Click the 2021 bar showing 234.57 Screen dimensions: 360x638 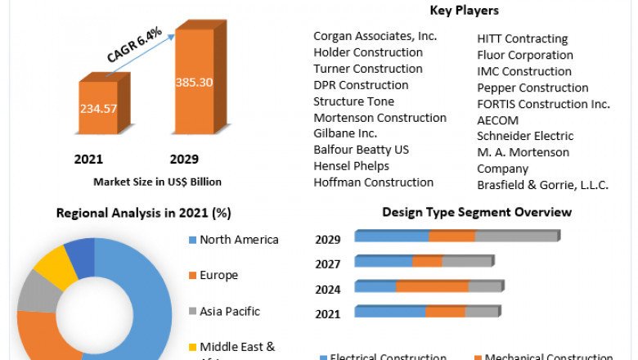(97, 107)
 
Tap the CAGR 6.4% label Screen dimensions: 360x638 (134, 45)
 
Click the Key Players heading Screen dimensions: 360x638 (465, 11)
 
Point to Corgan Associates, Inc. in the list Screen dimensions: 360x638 (375, 36)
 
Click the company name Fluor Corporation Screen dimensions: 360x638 (525, 55)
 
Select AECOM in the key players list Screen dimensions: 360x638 (497, 119)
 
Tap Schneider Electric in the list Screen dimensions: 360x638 (525, 136)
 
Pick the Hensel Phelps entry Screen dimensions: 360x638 (352, 166)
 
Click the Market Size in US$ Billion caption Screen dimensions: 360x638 (157, 182)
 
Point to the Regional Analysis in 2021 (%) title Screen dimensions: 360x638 (143, 214)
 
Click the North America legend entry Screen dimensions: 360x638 (240, 240)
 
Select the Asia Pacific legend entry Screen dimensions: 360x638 (229, 311)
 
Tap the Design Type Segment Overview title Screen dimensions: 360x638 (477, 213)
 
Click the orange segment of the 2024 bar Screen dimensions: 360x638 (432, 286)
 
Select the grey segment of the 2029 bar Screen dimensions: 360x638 (515, 236)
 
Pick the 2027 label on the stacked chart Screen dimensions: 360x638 (328, 264)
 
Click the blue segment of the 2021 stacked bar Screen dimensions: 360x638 (389, 312)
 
